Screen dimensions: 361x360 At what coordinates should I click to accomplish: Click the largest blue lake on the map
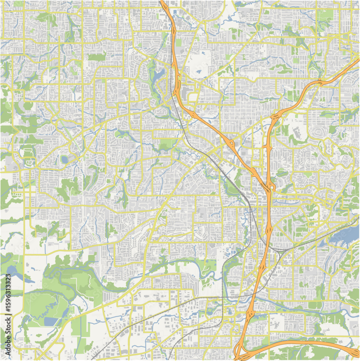tap(343, 236)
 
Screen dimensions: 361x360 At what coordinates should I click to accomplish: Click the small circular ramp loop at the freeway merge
tap(272, 187)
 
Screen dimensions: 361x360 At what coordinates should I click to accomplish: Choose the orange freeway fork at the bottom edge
tap(240, 352)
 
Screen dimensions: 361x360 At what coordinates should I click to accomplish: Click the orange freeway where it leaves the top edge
tap(163, 2)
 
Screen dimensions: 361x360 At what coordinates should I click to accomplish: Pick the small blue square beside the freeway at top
tap(175, 12)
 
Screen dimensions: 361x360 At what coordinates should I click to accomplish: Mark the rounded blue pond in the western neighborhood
tap(64, 159)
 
